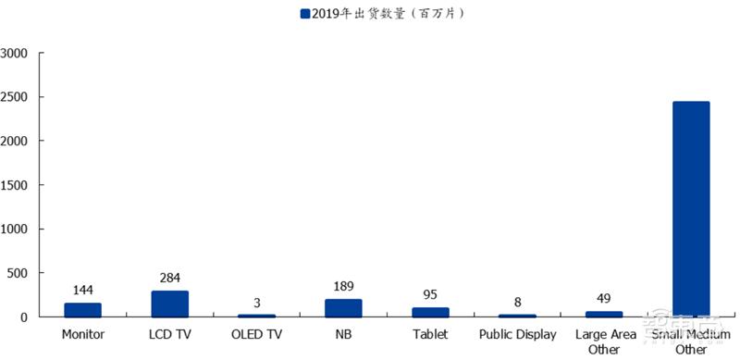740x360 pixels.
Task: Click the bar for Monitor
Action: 82,310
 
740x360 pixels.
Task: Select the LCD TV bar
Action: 169,304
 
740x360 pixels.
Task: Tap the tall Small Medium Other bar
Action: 691,209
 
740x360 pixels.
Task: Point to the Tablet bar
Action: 430,312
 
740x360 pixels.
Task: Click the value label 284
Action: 169,278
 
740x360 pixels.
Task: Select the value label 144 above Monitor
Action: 82,291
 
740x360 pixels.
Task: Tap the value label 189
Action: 343,286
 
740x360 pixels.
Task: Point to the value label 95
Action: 430,295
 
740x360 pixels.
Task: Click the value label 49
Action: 604,298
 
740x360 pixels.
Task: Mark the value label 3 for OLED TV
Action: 256,303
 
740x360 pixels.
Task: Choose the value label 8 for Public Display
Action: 517,302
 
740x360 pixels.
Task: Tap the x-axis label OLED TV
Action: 256,334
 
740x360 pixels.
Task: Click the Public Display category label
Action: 517,334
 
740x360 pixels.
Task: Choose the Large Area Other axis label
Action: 604,341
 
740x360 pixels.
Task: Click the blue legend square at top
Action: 304,14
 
